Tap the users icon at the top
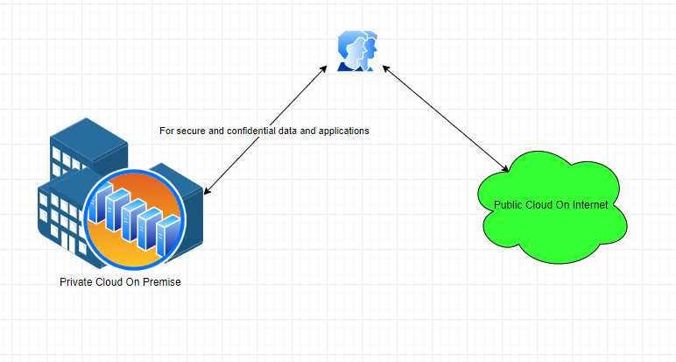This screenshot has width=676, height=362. click(x=358, y=51)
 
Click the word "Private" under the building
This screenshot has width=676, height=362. click(x=77, y=282)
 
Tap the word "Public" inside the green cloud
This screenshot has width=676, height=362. click(x=509, y=205)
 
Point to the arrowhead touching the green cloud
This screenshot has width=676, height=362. click(x=506, y=169)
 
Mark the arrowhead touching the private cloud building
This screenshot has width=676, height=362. click(x=207, y=190)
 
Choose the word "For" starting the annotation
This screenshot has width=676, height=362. click(x=166, y=131)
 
